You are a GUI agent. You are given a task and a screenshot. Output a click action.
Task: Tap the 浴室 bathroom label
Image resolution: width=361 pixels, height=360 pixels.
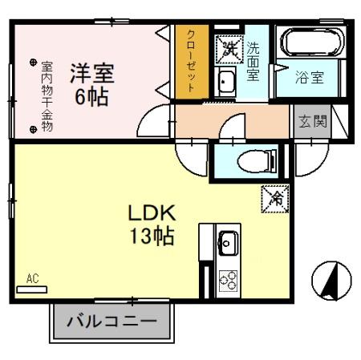310,79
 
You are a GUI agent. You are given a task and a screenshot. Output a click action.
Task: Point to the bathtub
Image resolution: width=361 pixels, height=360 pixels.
309,44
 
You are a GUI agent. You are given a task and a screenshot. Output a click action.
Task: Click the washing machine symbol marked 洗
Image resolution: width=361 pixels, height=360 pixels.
229,47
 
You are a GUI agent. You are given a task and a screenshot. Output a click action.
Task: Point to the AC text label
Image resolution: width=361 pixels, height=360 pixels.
32,278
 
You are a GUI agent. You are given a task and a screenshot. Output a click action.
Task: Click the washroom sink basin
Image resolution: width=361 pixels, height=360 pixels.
226,81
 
